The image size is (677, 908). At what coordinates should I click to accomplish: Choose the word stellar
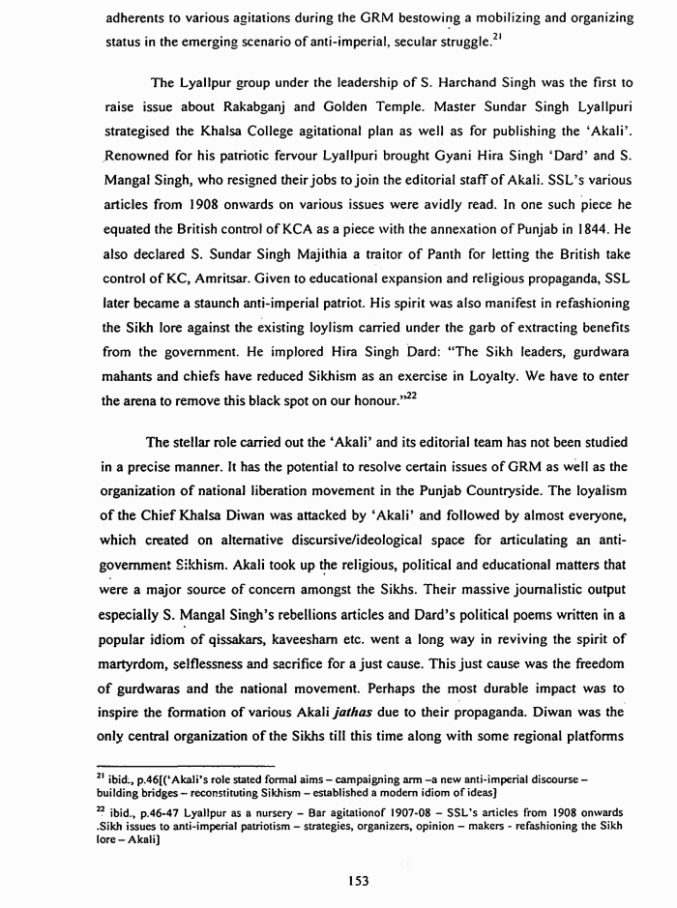tap(195, 443)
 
